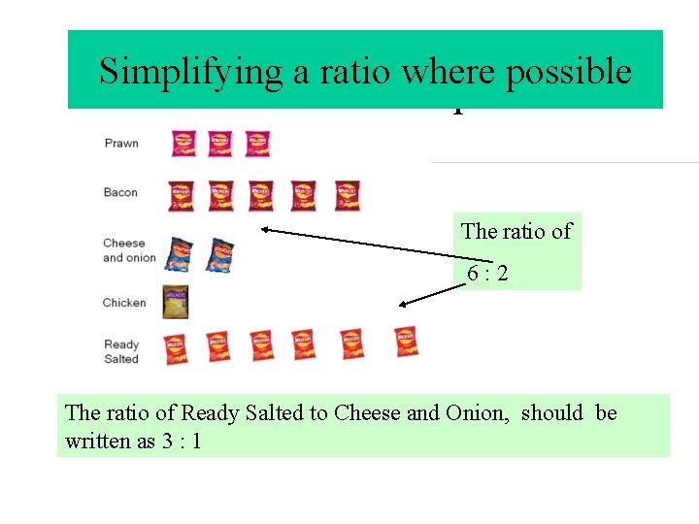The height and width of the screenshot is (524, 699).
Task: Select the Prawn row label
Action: tap(121, 144)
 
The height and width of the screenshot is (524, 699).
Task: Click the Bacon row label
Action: tap(120, 192)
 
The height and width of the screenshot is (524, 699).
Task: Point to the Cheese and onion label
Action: tap(128, 250)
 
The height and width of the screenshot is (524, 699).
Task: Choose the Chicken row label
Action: tap(123, 303)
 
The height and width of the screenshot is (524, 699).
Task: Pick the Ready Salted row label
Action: tap(121, 351)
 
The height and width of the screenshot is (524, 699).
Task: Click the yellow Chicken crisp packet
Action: tap(175, 303)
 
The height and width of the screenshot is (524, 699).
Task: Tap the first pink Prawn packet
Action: tap(183, 144)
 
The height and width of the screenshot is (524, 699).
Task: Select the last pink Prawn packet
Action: tap(257, 144)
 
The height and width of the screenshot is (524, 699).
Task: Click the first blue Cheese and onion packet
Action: tap(180, 254)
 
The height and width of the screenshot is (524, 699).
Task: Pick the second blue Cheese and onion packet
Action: tap(220, 254)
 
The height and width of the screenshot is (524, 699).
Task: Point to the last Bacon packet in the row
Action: tap(348, 195)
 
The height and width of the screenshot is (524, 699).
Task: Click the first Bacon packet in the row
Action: tap(181, 195)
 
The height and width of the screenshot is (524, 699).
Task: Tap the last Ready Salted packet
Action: tap(407, 342)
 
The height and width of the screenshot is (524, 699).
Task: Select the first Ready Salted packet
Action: tap(175, 347)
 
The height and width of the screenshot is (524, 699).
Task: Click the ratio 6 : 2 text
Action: tap(486, 275)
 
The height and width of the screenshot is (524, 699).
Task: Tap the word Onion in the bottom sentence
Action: tap(475, 413)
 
